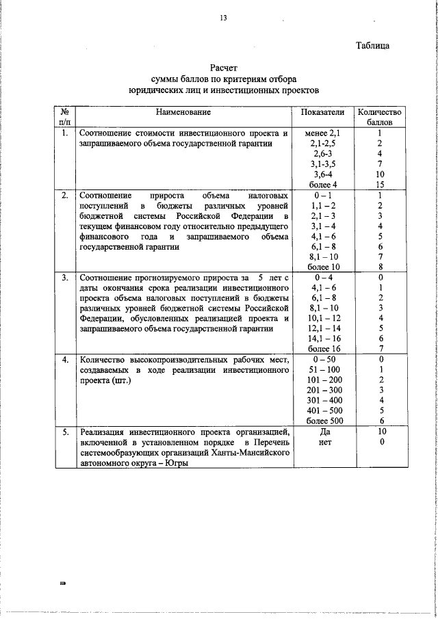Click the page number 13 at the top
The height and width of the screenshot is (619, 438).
pyautogui.click(x=223, y=18)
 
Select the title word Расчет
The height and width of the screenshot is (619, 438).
pyautogui.click(x=224, y=68)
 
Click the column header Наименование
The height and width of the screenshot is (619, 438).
pyautogui.click(x=183, y=112)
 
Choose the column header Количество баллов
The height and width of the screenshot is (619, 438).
pyautogui.click(x=378, y=118)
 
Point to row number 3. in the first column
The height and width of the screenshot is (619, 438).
pyautogui.click(x=65, y=278)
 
